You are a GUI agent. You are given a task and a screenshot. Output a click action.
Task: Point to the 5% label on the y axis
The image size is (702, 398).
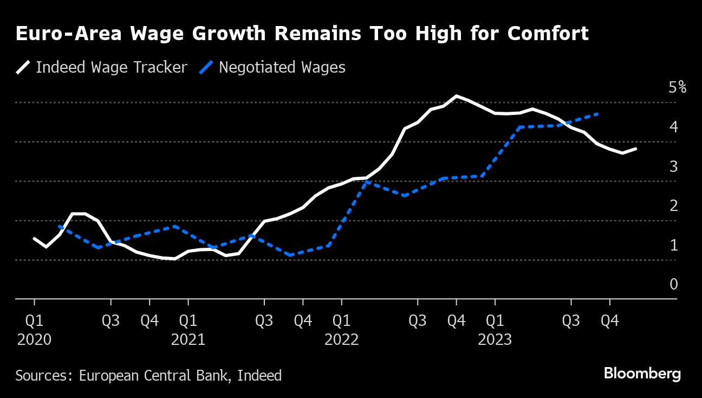pyautogui.click(x=677, y=87)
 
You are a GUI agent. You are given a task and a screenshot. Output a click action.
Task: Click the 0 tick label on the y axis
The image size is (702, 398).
pyautogui.click(x=673, y=284)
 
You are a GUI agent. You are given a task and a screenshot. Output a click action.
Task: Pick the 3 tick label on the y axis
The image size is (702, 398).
pyautogui.click(x=673, y=166)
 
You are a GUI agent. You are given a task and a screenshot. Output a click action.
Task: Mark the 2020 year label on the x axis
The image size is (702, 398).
pyautogui.click(x=34, y=340)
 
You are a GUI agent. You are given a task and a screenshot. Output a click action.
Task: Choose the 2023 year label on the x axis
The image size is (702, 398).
pyautogui.click(x=495, y=340)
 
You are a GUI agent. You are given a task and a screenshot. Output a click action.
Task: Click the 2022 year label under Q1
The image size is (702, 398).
pyautogui.click(x=341, y=340)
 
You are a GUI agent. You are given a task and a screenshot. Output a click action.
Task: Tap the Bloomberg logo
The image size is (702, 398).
pyautogui.click(x=642, y=374)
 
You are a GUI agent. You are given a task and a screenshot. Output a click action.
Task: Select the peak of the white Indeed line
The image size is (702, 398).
pyautogui.click(x=457, y=96)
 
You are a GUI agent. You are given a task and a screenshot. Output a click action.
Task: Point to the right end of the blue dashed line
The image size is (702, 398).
pyautogui.click(x=597, y=114)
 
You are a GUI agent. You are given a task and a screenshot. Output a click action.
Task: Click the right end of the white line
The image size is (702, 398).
pyautogui.click(x=635, y=149)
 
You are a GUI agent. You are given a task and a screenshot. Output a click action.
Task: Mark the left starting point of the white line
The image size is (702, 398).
pyautogui.click(x=34, y=239)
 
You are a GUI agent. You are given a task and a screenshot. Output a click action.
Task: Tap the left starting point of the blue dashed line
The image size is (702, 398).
pyautogui.click(x=59, y=227)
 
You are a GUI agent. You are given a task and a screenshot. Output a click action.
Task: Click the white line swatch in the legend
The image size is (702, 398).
pyautogui.click(x=23, y=67)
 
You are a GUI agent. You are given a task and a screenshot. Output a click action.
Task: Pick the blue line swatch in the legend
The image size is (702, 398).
pyautogui.click(x=206, y=67)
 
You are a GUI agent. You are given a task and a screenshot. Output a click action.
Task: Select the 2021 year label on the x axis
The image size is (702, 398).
pyautogui.click(x=188, y=340)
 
